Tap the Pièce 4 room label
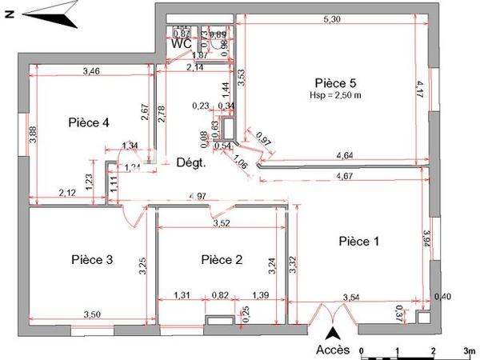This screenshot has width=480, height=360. [x=88, y=122]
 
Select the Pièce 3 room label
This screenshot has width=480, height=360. [x=91, y=259]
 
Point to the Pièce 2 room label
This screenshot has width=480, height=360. [x=222, y=259]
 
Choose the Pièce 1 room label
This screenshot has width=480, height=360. [x=359, y=241]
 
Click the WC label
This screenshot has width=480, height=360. [x=182, y=44]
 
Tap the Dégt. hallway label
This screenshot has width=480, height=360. [x=191, y=162]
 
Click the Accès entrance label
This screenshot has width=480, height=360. [x=332, y=350]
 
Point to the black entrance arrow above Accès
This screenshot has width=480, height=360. [x=336, y=334]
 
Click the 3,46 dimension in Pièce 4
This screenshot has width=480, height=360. [x=92, y=72]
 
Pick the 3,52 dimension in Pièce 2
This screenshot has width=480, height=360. [x=220, y=223]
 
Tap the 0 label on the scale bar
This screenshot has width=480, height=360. [x=362, y=350]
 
